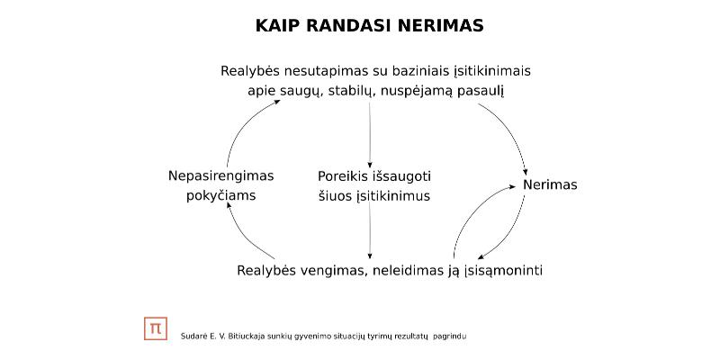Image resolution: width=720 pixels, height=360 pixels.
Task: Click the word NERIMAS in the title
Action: point(440,26)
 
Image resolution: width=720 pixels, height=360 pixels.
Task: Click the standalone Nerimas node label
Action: point(550,185)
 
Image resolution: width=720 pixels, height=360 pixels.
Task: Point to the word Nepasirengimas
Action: point(220,176)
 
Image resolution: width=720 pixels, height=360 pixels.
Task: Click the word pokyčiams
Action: point(220,196)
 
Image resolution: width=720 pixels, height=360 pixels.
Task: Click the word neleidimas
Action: point(405,271)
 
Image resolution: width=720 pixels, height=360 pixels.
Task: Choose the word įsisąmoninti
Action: point(503,271)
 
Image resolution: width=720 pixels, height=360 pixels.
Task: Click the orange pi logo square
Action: point(156,328)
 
